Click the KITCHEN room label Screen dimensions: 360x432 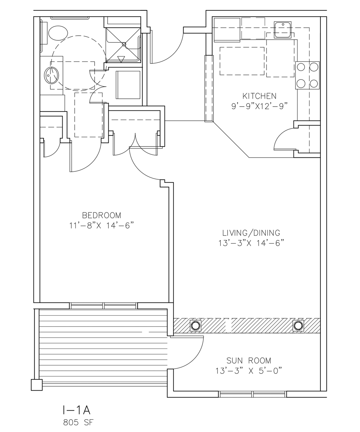point(259,96)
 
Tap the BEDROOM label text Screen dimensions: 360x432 point(102,215)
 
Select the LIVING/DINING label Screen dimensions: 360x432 point(251,233)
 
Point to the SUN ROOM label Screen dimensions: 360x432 point(249,360)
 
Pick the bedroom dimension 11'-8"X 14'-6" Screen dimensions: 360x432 point(102,225)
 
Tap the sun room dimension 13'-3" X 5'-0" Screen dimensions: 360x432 point(249,370)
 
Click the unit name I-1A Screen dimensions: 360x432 point(76,410)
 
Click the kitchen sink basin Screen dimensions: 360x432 point(283,30)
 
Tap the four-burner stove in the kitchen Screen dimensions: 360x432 point(307,75)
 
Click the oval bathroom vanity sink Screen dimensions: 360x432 point(51,75)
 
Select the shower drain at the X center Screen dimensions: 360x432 point(124,44)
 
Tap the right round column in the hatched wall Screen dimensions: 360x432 point(298,326)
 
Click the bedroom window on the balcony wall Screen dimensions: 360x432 point(103,306)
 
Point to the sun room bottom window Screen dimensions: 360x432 point(252,394)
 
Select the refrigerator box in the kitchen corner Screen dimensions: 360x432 point(227,30)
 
